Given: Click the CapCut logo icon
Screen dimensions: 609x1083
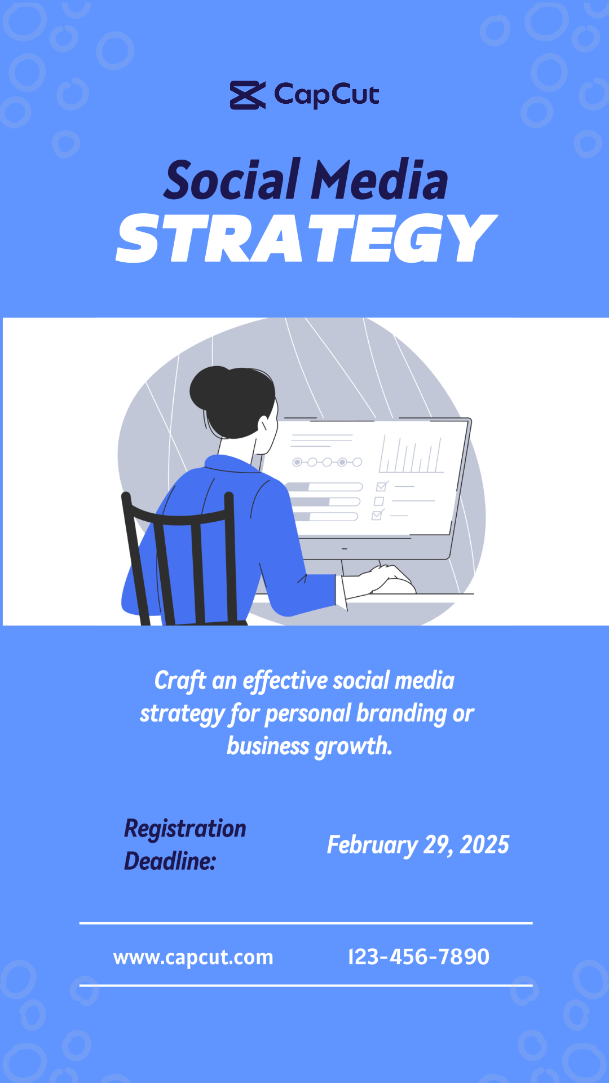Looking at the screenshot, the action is (x=248, y=95).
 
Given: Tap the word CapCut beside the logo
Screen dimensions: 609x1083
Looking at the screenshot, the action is (x=326, y=95).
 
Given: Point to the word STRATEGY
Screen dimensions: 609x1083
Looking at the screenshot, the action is (x=307, y=239).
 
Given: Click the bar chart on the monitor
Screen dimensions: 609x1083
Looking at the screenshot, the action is (x=411, y=454).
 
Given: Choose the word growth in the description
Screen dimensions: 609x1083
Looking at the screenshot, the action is (x=353, y=746).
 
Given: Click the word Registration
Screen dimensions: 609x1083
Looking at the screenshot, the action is (x=185, y=829).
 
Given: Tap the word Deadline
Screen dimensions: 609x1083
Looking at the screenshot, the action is (x=170, y=861).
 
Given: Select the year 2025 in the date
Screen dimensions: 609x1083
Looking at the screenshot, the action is (x=484, y=845).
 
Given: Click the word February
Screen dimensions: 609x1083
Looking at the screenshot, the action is (x=372, y=846).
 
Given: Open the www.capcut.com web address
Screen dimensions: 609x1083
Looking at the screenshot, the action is (x=193, y=957).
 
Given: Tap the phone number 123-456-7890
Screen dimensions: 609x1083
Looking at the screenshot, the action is (x=419, y=957).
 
